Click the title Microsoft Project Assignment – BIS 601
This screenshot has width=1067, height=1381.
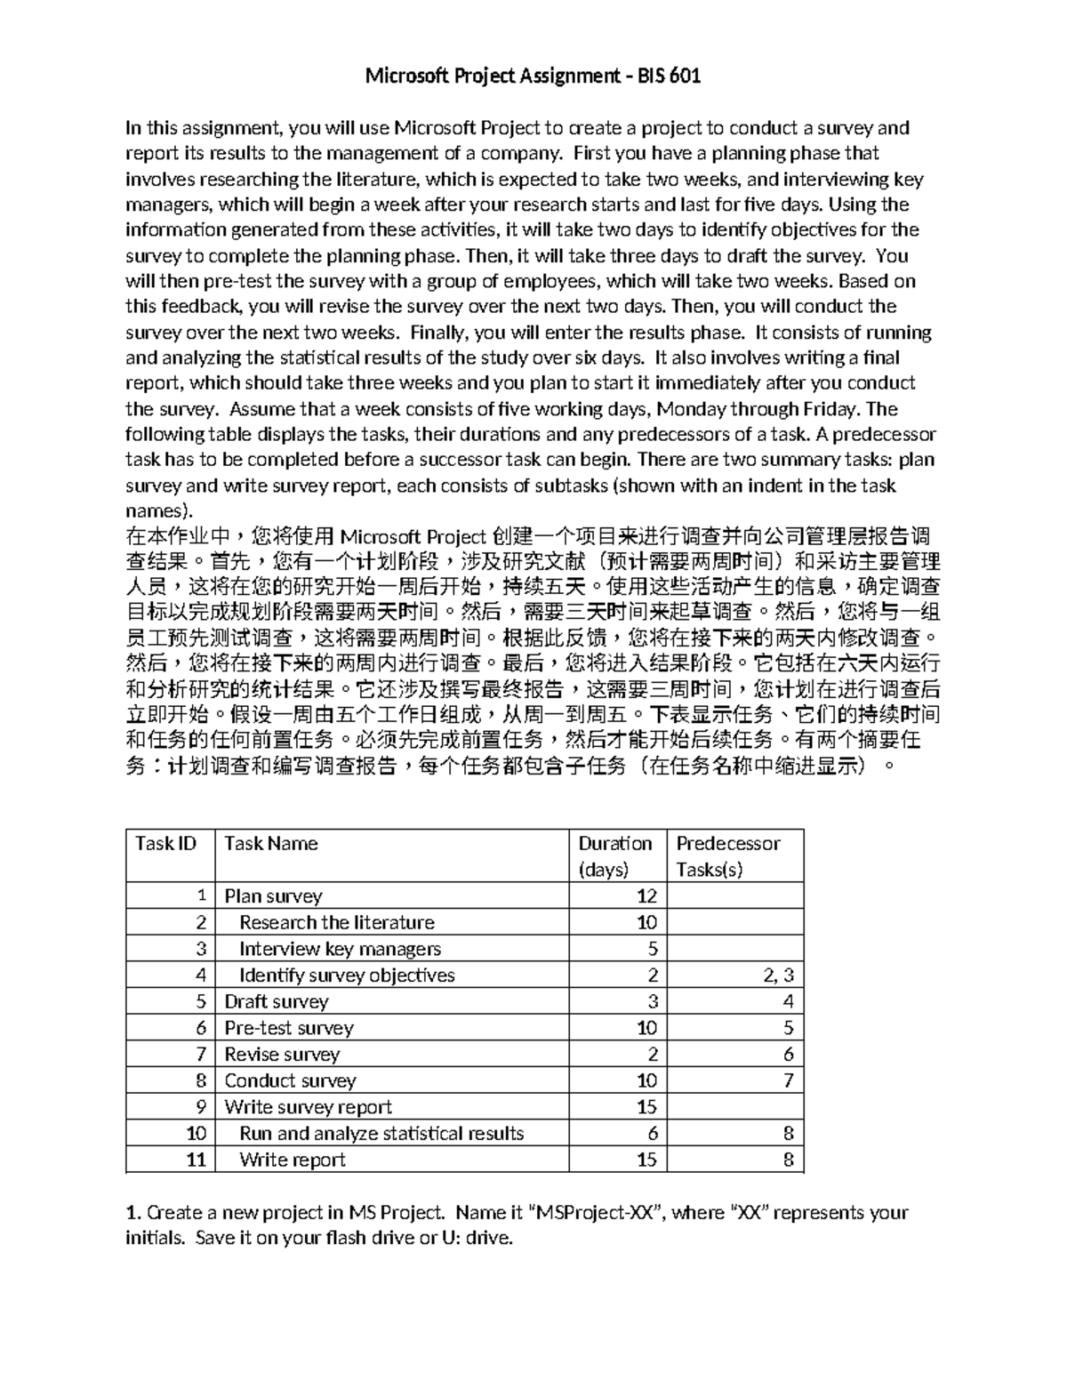click(533, 76)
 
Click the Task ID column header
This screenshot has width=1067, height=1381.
click(165, 843)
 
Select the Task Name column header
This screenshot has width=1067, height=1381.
click(271, 843)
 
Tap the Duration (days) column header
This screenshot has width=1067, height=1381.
click(615, 855)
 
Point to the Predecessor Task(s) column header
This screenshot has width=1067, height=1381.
click(728, 855)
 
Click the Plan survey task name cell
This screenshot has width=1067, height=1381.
click(273, 896)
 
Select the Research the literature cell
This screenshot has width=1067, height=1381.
click(337, 922)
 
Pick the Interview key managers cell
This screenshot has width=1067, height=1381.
click(340, 949)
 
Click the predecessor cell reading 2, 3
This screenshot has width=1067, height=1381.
click(778, 976)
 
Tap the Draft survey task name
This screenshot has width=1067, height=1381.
click(277, 1001)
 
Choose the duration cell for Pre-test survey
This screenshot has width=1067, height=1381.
click(646, 1028)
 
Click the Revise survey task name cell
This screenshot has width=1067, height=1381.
click(282, 1055)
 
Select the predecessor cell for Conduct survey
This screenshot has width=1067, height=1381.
click(788, 1080)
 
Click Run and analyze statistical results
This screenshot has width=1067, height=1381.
click(381, 1134)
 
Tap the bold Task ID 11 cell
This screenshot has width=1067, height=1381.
click(197, 1160)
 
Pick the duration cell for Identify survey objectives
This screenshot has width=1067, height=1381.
click(653, 976)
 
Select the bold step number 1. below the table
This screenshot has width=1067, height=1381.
click(133, 1212)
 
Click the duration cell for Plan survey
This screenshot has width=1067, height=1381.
click(646, 896)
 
